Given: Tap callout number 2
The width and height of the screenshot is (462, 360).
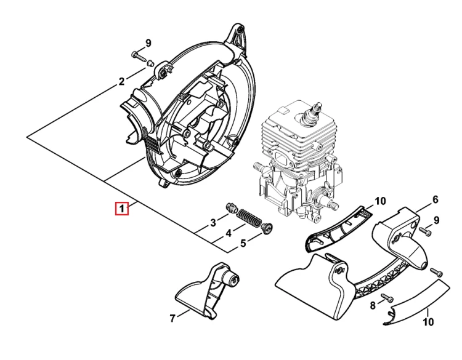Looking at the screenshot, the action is tap(122, 81).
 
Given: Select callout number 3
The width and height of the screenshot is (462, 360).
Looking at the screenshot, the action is tap(213, 223).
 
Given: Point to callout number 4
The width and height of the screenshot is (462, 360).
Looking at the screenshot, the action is tap(229, 233).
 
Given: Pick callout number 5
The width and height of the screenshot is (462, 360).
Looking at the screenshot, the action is tap(243, 244).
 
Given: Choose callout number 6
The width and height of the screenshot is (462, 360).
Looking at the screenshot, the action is tap(436, 199).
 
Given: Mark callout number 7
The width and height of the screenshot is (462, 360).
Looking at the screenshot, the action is tap(172, 318).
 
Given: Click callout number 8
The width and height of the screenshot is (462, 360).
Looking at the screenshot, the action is tap(373, 306).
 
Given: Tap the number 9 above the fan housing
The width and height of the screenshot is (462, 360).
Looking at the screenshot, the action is tap(148, 43).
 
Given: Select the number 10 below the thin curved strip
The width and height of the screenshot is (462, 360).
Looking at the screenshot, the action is tap(428, 322).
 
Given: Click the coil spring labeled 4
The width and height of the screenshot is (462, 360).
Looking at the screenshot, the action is tap(249, 218).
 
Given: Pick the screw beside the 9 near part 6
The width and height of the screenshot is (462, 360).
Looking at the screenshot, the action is tap(426, 231).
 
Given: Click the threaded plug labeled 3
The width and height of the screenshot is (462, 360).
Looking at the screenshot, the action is tap(232, 207).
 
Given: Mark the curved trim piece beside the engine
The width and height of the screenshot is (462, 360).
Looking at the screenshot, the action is tap(338, 228).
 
